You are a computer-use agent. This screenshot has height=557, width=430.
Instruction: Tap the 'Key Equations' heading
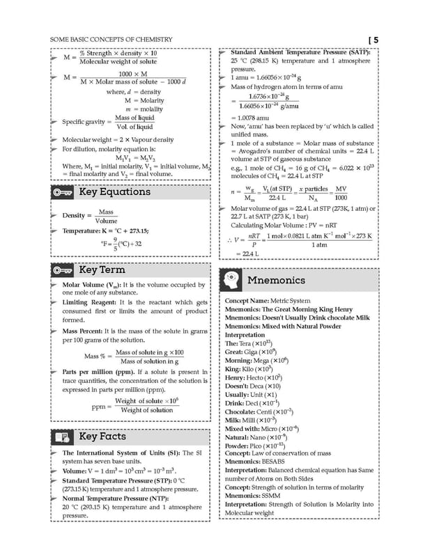(x=114, y=192)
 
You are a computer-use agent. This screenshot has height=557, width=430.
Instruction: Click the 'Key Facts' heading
(x=102, y=437)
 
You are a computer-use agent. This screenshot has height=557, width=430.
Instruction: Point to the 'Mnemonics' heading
(x=276, y=280)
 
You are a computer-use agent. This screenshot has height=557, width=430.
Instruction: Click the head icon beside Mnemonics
(x=231, y=280)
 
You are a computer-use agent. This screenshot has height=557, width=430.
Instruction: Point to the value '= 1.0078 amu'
(x=249, y=118)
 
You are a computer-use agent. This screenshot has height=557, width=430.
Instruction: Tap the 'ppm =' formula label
(x=101, y=406)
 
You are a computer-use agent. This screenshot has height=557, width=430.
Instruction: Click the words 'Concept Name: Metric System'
(x=268, y=301)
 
